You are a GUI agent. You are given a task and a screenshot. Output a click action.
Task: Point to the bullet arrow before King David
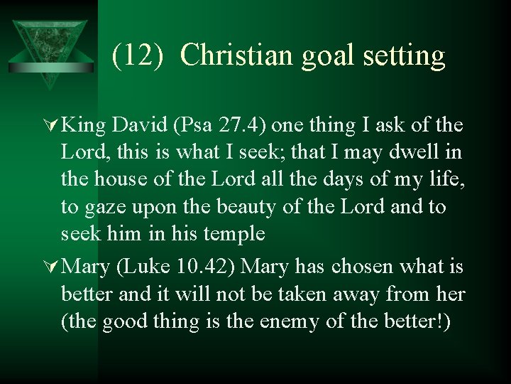53,126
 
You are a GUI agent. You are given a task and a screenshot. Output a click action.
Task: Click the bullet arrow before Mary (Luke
53,267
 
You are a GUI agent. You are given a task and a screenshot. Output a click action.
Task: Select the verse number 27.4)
241,126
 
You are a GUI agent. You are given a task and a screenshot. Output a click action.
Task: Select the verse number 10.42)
207,267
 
